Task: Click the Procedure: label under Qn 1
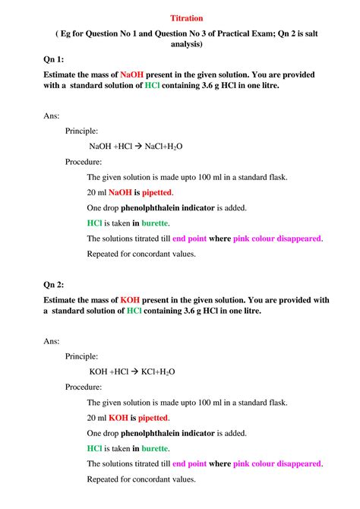pyautogui.click(x=83, y=162)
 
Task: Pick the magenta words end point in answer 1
pyautogui.click(x=189, y=239)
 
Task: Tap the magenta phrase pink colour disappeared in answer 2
pyautogui.click(x=277, y=463)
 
